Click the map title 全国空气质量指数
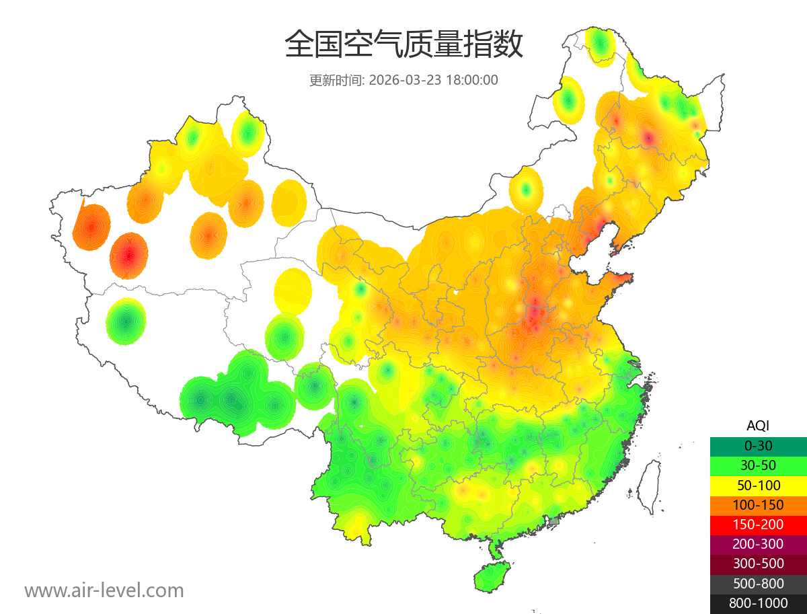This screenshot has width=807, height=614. point(403,45)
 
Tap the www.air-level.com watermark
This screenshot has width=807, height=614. point(104,590)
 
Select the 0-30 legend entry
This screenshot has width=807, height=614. point(758,446)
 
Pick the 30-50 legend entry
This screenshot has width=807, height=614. point(758,465)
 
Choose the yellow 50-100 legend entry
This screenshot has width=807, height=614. point(758,485)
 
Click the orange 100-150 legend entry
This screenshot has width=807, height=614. point(758,504)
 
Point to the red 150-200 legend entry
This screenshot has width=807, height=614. point(758,525)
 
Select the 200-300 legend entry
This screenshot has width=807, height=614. point(758,544)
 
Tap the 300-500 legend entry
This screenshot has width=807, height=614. point(758,564)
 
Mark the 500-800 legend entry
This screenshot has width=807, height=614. point(758,583)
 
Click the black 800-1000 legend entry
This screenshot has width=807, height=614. point(758,603)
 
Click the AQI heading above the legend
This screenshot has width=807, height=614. point(758,426)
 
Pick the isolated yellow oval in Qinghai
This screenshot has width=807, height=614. point(293,291)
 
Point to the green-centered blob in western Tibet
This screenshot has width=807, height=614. point(126,321)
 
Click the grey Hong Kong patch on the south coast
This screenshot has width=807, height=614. point(554,521)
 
